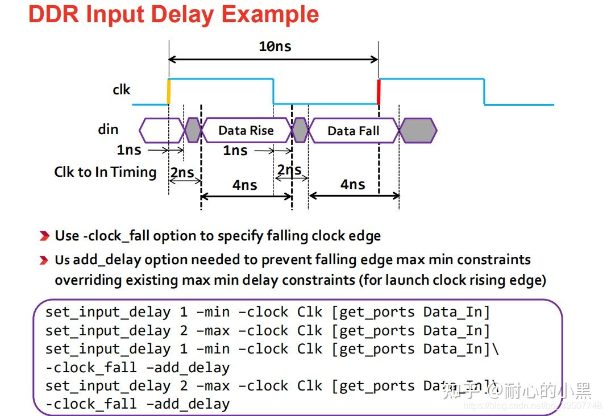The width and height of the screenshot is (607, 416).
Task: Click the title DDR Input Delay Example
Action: (x=173, y=15)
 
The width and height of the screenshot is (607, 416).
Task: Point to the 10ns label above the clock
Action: (x=275, y=47)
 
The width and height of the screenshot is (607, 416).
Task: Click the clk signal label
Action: (x=121, y=90)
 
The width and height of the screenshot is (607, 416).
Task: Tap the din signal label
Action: (x=108, y=130)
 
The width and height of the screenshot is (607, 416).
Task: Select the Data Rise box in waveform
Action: (x=246, y=130)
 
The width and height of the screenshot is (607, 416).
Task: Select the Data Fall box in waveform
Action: (x=352, y=131)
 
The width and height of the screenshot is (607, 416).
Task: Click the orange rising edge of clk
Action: (x=169, y=91)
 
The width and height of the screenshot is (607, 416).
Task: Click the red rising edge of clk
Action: (x=379, y=91)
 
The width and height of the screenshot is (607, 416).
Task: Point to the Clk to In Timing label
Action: (x=105, y=172)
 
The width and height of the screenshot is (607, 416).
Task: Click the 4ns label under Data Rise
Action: (x=244, y=185)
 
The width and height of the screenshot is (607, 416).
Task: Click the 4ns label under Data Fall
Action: (x=352, y=185)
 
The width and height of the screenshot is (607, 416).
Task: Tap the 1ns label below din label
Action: (x=128, y=150)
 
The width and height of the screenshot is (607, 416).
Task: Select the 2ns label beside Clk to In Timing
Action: (x=182, y=173)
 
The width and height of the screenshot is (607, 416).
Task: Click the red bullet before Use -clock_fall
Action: (x=44, y=236)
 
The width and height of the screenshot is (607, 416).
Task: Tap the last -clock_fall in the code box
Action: (x=91, y=404)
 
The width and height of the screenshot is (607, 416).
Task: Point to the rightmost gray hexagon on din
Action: (x=418, y=131)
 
